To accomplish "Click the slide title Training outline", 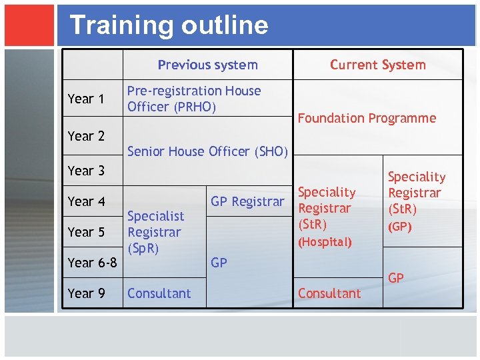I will pyautogui.click(x=169, y=25).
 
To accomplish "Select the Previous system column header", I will pyautogui.click(x=207, y=65).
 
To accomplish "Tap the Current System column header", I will pyautogui.click(x=377, y=65).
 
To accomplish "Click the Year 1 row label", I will pyautogui.click(x=86, y=99).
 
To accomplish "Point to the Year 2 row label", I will pyautogui.click(x=86, y=136).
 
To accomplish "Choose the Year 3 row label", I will pyautogui.click(x=86, y=171).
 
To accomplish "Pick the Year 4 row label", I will pyautogui.click(x=86, y=201).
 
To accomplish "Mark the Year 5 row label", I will pyautogui.click(x=86, y=232).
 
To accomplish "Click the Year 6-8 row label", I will pyautogui.click(x=92, y=263).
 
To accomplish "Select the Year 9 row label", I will pyautogui.click(x=86, y=293).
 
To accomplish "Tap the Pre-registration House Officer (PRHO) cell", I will pyautogui.click(x=193, y=99).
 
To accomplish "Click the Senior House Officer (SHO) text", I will pyautogui.click(x=207, y=151).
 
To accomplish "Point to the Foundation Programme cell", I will pyautogui.click(x=367, y=119).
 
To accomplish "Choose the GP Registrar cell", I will pyautogui.click(x=247, y=201).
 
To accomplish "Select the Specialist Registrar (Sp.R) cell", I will pyautogui.click(x=155, y=232).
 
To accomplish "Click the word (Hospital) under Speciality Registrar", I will pyautogui.click(x=325, y=242).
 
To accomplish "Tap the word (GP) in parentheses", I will pyautogui.click(x=401, y=227).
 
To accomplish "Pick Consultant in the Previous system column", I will pyautogui.click(x=159, y=293).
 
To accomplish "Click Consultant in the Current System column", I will pyautogui.click(x=329, y=293).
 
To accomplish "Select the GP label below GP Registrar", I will pyautogui.click(x=219, y=263).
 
